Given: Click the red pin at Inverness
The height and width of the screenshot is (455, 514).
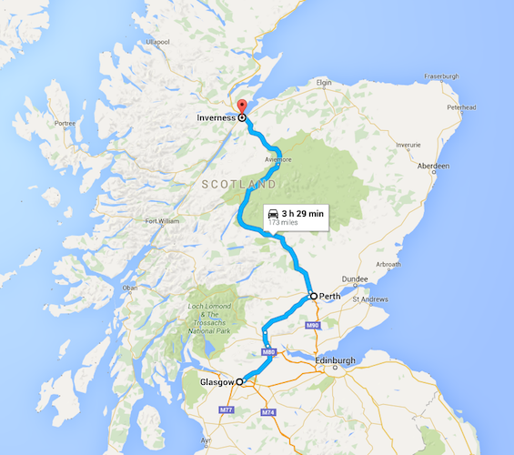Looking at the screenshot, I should tap(241, 105).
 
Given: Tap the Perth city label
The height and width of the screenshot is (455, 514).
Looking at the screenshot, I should tap(330, 297).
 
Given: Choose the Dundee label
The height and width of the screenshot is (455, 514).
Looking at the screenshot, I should tap(355, 279).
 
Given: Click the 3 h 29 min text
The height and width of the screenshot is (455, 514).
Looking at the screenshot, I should tap(303, 212).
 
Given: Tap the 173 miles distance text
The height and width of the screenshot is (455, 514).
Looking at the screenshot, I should tap(284, 222).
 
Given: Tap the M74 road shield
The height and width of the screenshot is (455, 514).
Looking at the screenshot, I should tap(268, 412).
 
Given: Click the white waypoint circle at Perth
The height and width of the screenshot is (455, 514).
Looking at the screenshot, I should tap(313, 297).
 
